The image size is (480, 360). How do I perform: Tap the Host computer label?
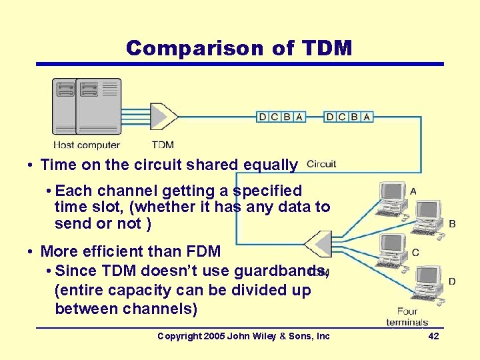click(x=87, y=145)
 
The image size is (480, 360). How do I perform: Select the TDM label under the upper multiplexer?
click(x=163, y=145)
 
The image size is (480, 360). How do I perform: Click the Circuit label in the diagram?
click(x=322, y=164)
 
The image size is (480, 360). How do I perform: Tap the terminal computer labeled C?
click(x=393, y=250)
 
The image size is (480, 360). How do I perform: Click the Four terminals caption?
click(x=407, y=317)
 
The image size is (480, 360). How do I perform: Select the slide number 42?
click(x=433, y=336)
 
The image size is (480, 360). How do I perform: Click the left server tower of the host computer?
click(x=65, y=107)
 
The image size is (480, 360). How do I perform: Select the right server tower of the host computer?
click(x=99, y=107)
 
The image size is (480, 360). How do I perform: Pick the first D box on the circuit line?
click(x=263, y=117)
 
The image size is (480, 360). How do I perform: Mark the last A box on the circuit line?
click(x=367, y=117)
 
